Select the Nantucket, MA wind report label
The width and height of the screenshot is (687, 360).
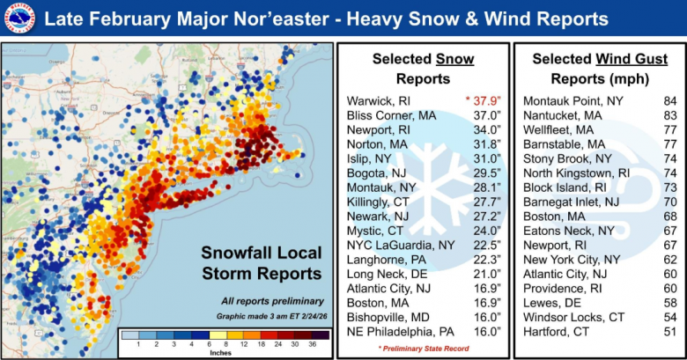(x=563, y=114)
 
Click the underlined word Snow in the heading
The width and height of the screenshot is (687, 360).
(x=455, y=59)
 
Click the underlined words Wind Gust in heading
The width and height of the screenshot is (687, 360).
(x=632, y=59)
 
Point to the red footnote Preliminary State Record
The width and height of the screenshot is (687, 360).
(x=423, y=349)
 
